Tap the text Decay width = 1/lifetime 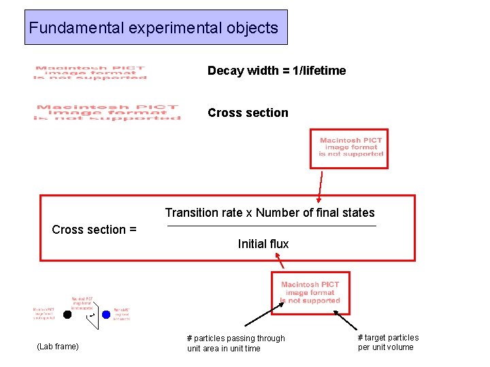click(276, 71)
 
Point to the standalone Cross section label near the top click(248, 113)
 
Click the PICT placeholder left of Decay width click(90, 73)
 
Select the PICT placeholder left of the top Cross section click(107, 113)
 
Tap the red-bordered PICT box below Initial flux click(310, 293)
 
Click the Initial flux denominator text click(263, 244)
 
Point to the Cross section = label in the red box click(94, 230)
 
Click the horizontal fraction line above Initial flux click(271, 226)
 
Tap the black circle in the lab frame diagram click(67, 314)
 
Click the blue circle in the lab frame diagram click(105, 314)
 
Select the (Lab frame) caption click(58, 347)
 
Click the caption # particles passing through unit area click(235, 343)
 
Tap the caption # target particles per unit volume click(388, 343)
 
